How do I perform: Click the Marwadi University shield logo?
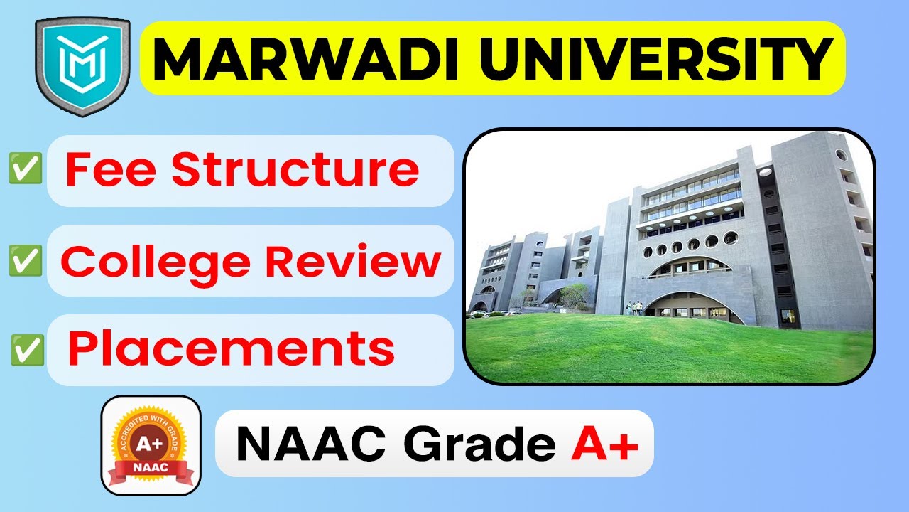coord(82,67)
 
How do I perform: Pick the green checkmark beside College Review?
coord(26,262)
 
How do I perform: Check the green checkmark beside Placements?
coord(28,351)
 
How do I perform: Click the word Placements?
coord(232,349)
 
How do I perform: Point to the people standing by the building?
coord(634,307)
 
